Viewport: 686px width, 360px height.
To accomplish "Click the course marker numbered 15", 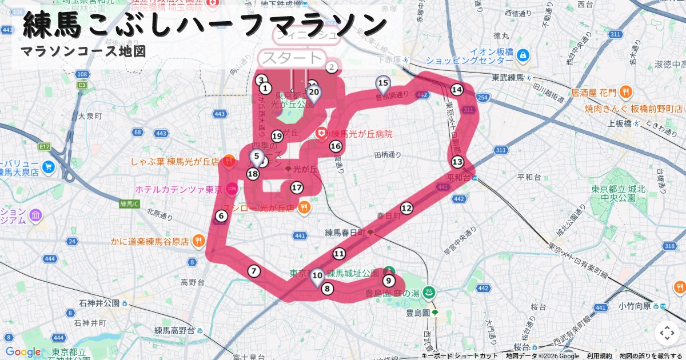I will (x=383, y=83).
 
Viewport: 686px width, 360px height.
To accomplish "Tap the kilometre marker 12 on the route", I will (x=406, y=208).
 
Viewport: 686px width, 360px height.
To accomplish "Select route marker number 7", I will (x=254, y=271).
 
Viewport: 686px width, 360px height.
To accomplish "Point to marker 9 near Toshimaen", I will (x=389, y=280).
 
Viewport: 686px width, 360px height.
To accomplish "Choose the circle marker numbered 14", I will (x=456, y=90).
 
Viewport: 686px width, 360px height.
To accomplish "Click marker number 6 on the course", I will (x=221, y=216).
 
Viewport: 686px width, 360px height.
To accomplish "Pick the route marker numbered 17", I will (x=296, y=187).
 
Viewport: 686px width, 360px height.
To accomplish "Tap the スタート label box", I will (x=292, y=58).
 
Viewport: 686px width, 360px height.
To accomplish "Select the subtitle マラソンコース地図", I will (x=83, y=51).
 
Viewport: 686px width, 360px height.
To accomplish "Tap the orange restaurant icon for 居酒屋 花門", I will (x=626, y=92).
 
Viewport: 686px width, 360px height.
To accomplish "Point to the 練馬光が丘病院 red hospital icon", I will (x=322, y=133).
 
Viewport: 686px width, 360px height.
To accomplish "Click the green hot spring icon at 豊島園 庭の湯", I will (x=430, y=293).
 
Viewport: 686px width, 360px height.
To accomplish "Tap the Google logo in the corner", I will (x=23, y=352).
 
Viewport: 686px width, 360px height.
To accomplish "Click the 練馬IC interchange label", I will (x=133, y=203).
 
